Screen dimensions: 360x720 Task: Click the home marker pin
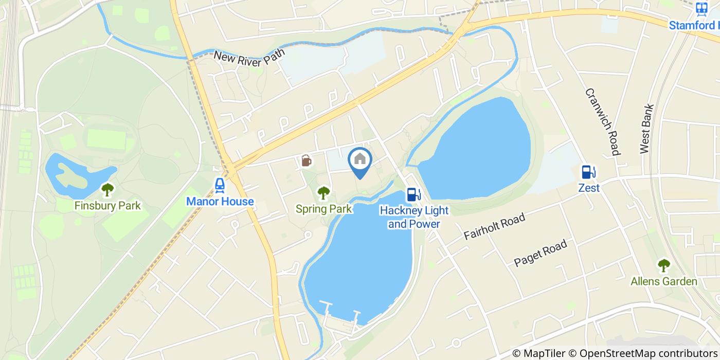tap(360, 160)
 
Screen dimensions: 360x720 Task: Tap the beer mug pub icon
tap(306, 161)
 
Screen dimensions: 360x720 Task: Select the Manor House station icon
tap(220, 185)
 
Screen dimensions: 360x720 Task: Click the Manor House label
tap(220, 201)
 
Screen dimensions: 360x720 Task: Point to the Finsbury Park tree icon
tap(107, 190)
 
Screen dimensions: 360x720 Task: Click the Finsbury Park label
tap(107, 206)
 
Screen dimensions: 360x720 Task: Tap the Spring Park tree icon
tap(323, 193)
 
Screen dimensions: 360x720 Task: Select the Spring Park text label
tap(323, 209)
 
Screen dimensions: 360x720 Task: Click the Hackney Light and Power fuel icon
tap(411, 194)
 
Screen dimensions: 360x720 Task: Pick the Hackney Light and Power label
tap(414, 217)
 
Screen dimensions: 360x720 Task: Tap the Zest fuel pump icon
tap(588, 172)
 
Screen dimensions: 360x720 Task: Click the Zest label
tap(588, 188)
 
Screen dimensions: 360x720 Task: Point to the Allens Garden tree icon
tap(664, 265)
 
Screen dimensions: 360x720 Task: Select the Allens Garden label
tap(664, 281)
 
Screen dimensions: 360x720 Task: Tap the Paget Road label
tap(541, 253)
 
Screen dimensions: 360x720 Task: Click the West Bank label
tap(647, 129)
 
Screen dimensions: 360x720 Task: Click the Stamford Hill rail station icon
tap(701, 9)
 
